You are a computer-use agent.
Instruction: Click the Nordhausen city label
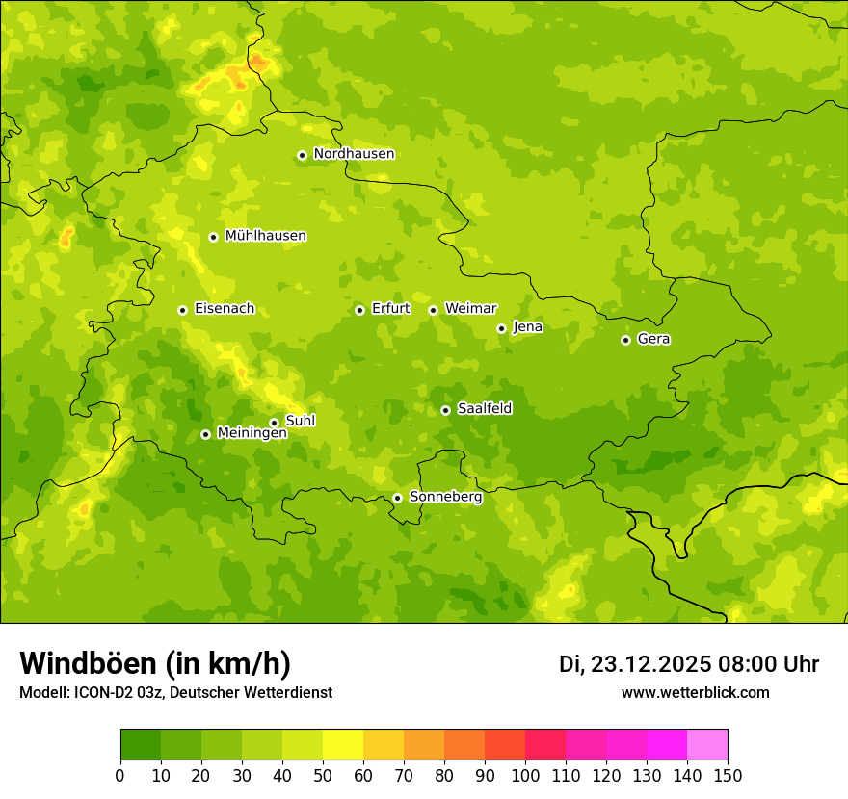pyautogui.click(x=354, y=154)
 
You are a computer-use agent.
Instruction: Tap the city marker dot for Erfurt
pyautogui.click(x=359, y=310)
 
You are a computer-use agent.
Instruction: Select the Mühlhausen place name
pyautogui.click(x=265, y=236)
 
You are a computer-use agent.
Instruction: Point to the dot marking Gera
pyautogui.click(x=625, y=340)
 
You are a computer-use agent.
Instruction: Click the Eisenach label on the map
pyautogui.click(x=225, y=309)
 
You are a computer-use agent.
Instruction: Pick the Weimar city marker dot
pyautogui.click(x=433, y=310)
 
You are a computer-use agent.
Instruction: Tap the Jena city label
pyautogui.click(x=528, y=327)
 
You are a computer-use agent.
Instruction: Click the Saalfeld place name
pyautogui.click(x=485, y=409)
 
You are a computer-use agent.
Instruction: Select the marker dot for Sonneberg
pyautogui.click(x=397, y=498)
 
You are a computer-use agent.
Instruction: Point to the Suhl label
pyautogui.click(x=301, y=422)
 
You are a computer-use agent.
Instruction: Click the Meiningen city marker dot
pyautogui.click(x=205, y=434)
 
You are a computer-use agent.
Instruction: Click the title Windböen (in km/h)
pyautogui.click(x=155, y=663)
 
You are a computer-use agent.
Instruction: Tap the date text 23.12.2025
pyautogui.click(x=651, y=664)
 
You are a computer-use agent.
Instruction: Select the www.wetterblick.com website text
pyautogui.click(x=695, y=693)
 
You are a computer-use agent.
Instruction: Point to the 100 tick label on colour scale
pyautogui.click(x=524, y=775)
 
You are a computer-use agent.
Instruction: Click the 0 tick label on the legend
pyautogui.click(x=120, y=775)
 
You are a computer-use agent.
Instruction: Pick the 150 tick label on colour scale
pyautogui.click(x=727, y=775)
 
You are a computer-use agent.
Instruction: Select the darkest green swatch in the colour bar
pyautogui.click(x=141, y=745)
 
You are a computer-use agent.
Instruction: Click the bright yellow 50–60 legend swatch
pyautogui.click(x=343, y=745)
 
